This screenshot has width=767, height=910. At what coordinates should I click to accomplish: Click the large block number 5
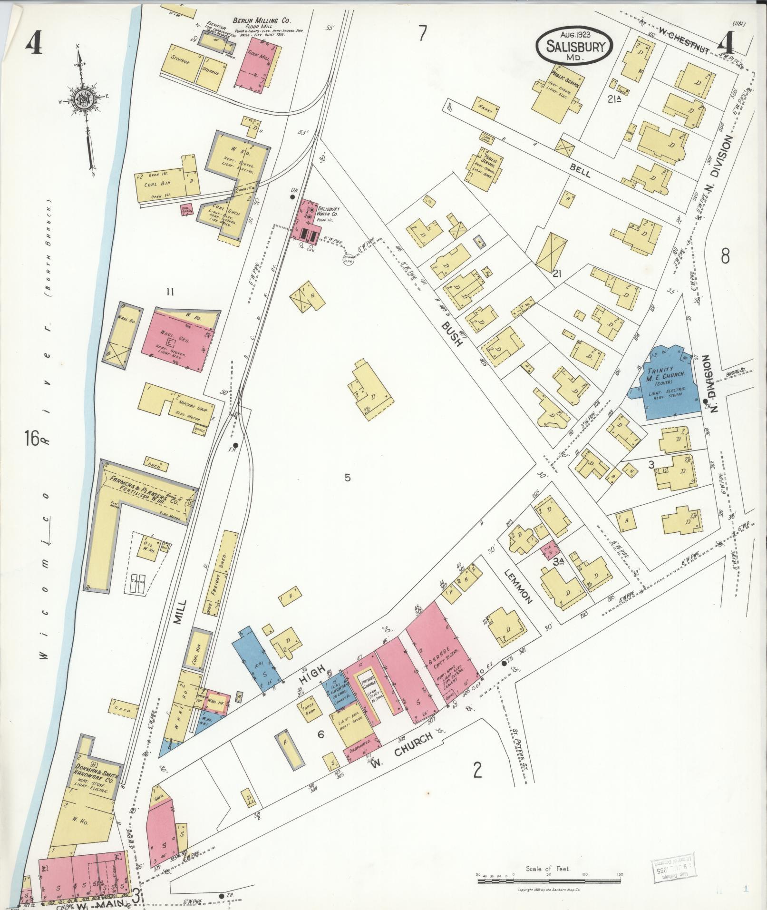pyautogui.click(x=348, y=477)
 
